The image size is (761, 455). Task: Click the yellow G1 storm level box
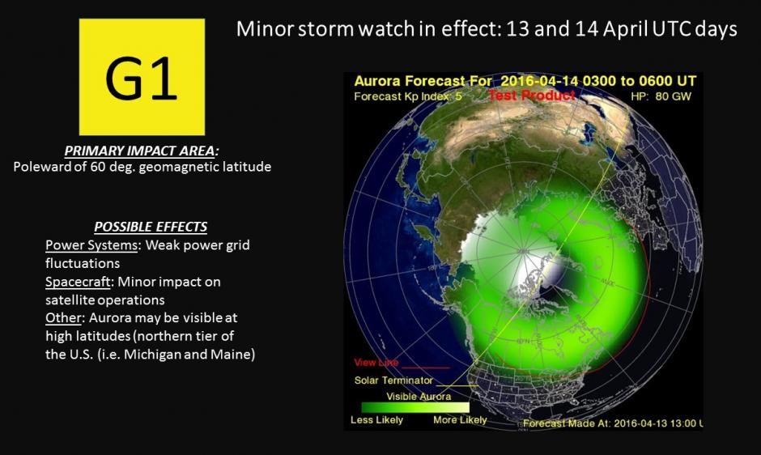click(x=142, y=77)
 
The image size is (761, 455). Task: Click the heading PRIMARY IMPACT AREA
click(x=142, y=151)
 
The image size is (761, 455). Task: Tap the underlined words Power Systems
click(x=91, y=245)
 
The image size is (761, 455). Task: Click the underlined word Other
click(x=62, y=318)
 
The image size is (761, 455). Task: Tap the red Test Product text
click(x=531, y=96)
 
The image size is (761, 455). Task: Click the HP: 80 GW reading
click(x=661, y=96)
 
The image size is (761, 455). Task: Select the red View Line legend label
click(x=376, y=363)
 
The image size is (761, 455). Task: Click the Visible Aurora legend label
click(x=419, y=396)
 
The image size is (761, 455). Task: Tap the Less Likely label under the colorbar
click(x=376, y=420)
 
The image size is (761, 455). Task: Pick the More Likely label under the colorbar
click(x=460, y=420)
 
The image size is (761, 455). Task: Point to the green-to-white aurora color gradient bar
click(x=415, y=407)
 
